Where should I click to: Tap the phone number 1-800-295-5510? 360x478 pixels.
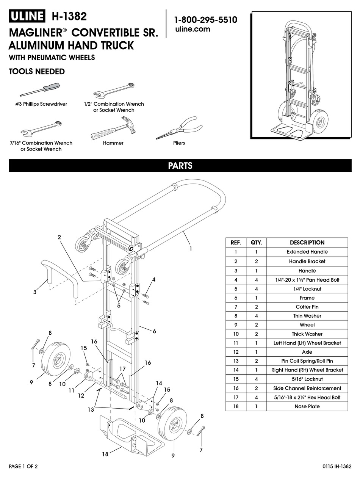[x=205, y=20]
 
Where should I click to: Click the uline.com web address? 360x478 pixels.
[x=193, y=29]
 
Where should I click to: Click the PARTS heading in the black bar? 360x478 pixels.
[x=180, y=166]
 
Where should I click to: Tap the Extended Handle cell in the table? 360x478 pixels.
[x=307, y=252]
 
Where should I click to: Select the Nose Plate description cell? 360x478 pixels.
[x=307, y=406]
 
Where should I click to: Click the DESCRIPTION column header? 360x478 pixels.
[x=307, y=243]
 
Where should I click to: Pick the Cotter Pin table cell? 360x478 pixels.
[x=307, y=307]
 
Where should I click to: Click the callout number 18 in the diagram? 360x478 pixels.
[x=105, y=454]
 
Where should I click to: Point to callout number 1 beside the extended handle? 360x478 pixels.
[x=191, y=249]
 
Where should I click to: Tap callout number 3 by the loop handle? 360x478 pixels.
[x=34, y=292]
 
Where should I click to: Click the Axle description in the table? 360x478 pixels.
[x=307, y=352]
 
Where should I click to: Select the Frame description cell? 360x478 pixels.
[x=307, y=298]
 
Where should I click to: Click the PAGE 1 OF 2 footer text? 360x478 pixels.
[x=23, y=466]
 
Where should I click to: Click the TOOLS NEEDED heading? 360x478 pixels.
[x=37, y=72]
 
